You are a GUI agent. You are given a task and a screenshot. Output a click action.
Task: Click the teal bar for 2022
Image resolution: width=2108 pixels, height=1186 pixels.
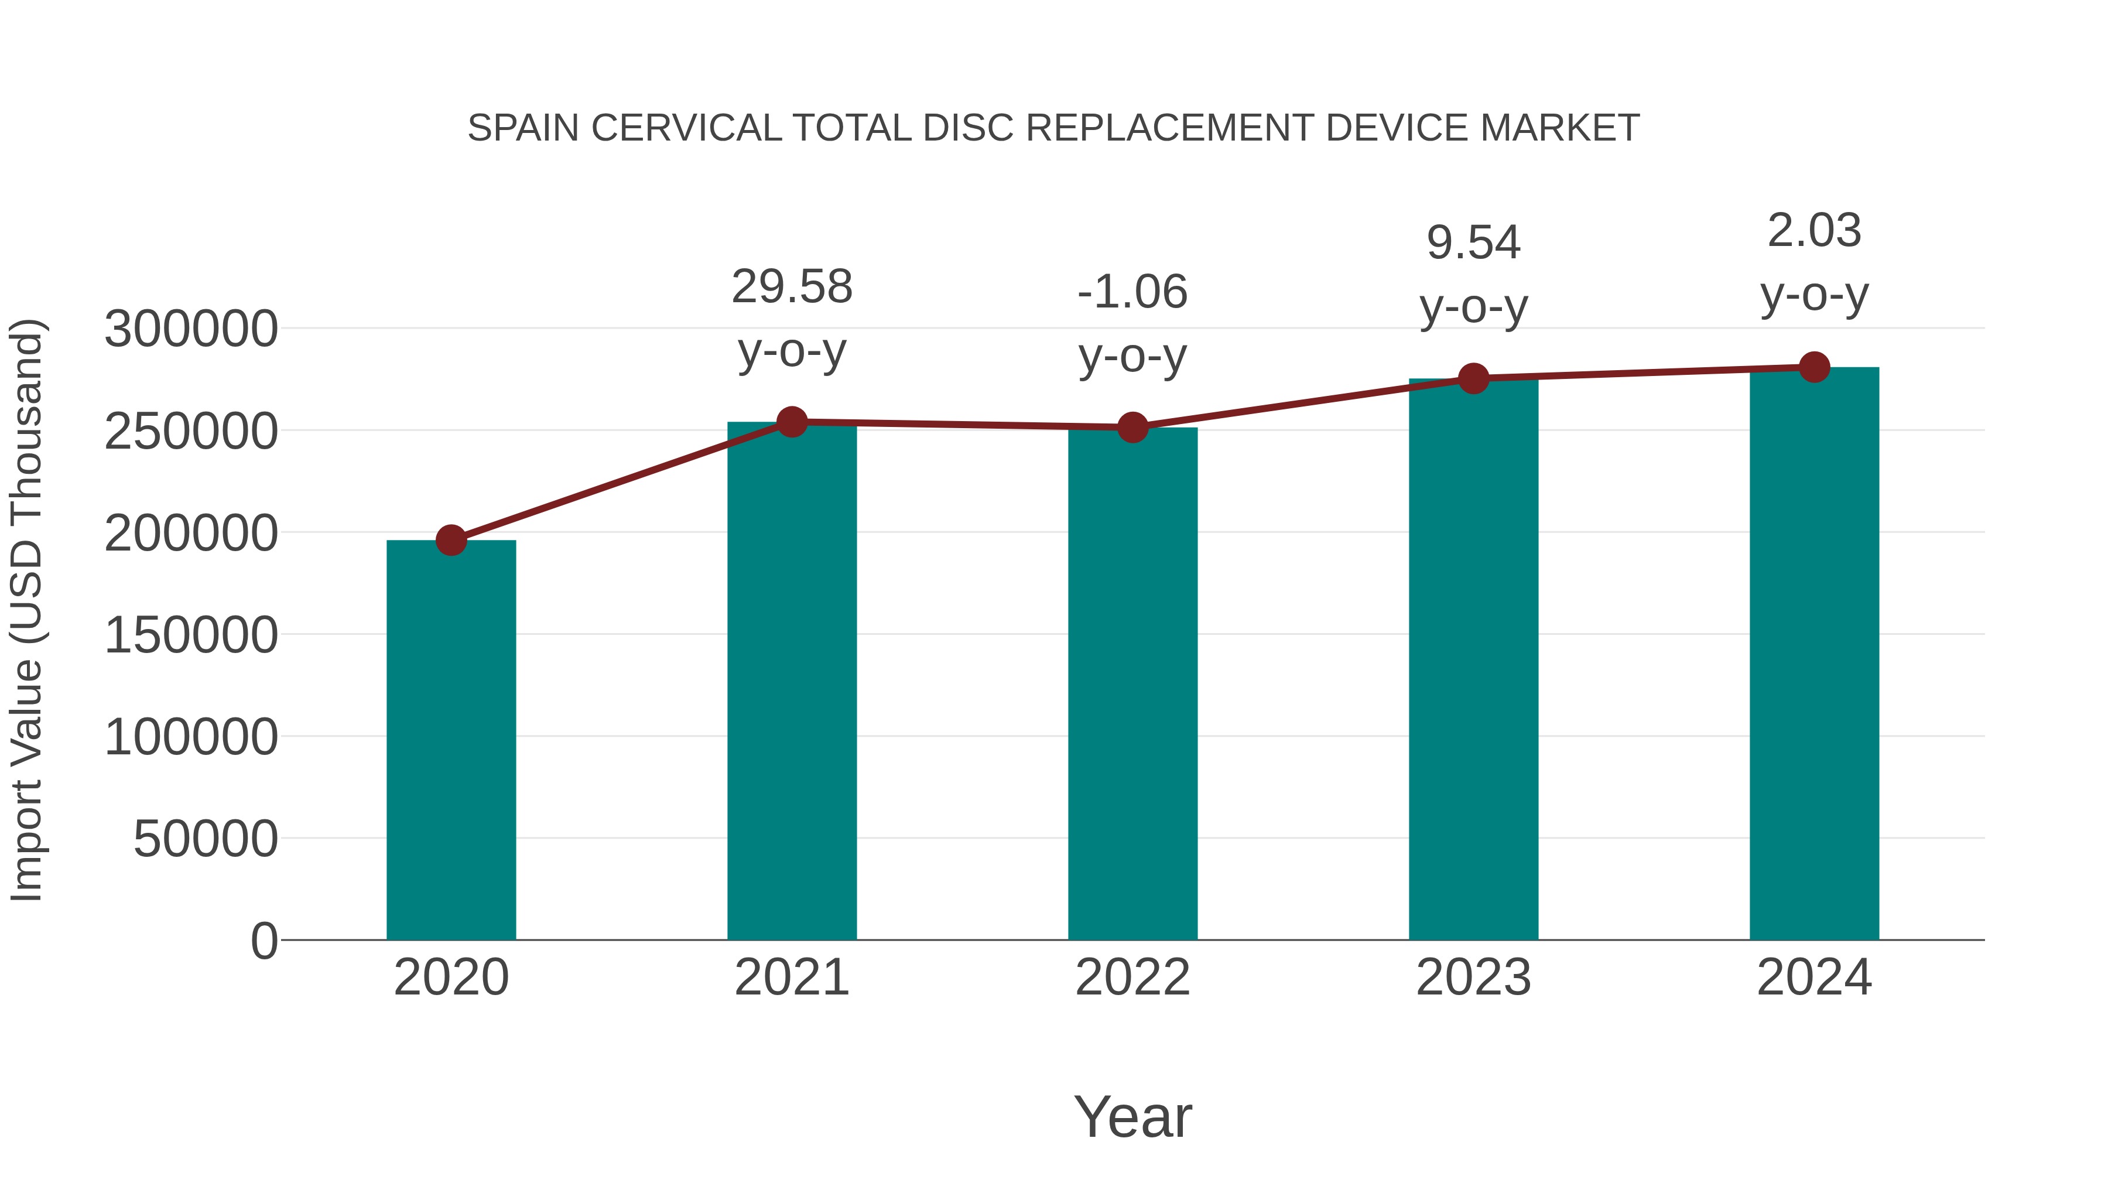1132,683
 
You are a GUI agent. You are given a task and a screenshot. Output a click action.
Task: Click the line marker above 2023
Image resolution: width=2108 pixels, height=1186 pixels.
1473,379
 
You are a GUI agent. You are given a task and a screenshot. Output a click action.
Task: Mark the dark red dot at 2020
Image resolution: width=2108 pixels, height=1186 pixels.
451,540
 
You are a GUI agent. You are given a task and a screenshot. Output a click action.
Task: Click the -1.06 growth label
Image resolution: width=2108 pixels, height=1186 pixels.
1132,292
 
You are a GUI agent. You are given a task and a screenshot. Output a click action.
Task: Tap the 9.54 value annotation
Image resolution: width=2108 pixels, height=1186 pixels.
1473,243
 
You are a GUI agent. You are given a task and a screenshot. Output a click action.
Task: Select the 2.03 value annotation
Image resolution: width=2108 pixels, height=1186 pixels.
1814,231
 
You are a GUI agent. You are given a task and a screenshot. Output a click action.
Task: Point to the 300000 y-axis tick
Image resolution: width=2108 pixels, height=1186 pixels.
191,329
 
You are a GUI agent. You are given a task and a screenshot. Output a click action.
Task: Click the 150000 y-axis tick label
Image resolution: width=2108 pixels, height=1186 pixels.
191,635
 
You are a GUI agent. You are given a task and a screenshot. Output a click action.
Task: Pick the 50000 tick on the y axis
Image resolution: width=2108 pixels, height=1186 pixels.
206,839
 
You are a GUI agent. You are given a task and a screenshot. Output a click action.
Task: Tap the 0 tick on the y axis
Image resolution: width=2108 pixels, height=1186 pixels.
263,941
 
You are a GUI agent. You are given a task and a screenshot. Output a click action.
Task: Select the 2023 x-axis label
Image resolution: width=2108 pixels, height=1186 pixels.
1473,977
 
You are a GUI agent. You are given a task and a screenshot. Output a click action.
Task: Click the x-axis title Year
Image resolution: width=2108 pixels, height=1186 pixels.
1132,1116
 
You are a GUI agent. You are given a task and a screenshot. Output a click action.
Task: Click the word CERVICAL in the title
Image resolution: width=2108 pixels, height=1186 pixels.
686,128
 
